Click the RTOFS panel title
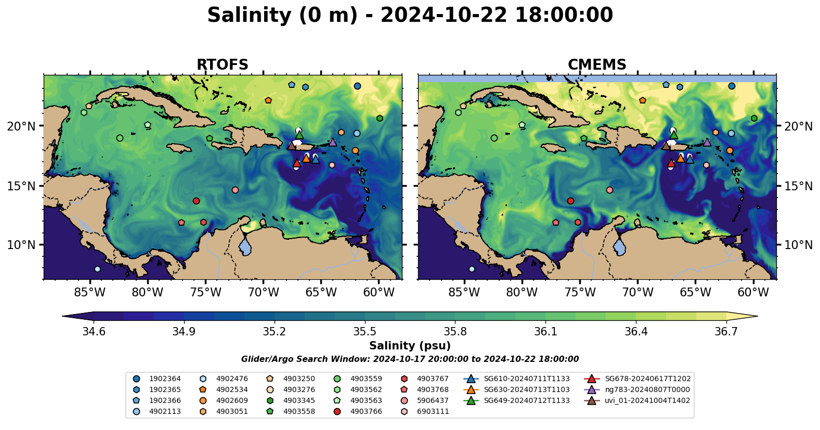[222, 65]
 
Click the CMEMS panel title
[597, 65]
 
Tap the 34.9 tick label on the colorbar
[184, 332]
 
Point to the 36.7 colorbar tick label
[726, 332]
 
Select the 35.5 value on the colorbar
[365, 332]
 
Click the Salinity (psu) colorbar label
[410, 346]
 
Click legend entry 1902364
[165, 379]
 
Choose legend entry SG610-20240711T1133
[526, 379]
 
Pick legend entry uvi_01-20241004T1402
[647, 401]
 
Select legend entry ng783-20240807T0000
[647, 390]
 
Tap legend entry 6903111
[433, 412]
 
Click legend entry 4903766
[366, 412]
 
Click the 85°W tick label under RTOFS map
[90, 293]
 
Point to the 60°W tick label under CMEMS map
[753, 293]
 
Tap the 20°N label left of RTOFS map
[21, 126]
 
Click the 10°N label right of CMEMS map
[798, 245]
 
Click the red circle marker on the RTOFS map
[196, 201]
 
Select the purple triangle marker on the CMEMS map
[707, 142]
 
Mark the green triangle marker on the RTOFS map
[300, 135]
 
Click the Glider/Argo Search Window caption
[410, 359]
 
